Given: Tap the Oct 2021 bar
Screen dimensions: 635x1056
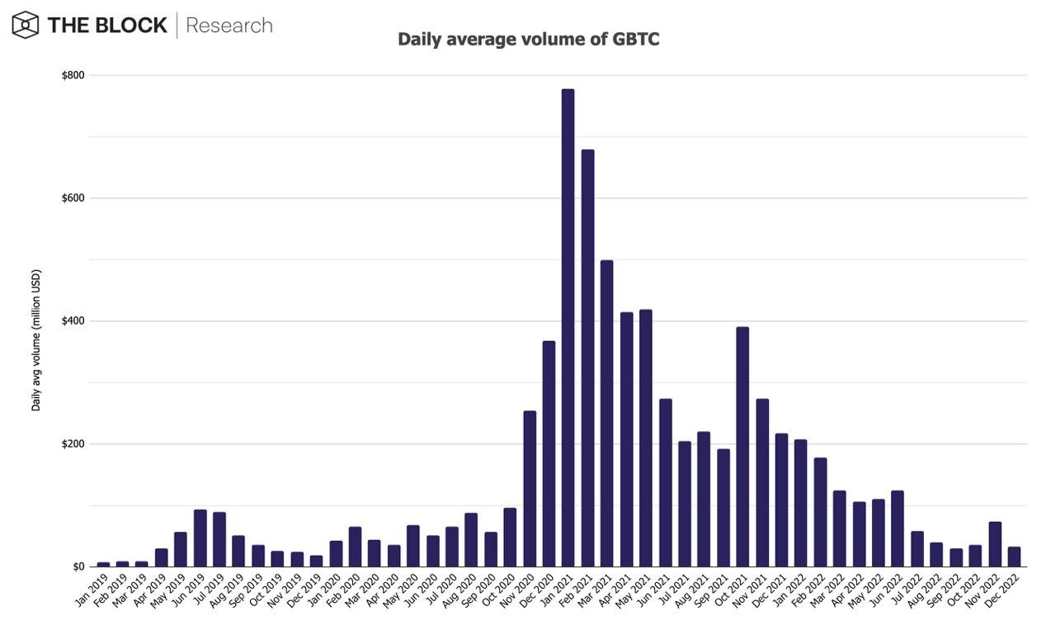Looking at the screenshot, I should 742,447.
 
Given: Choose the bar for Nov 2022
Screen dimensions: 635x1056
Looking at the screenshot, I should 995,544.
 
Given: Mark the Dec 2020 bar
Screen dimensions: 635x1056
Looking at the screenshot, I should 549,454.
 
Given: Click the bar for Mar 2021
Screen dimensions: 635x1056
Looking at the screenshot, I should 606,414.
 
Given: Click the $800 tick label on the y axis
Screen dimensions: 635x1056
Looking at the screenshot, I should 73,75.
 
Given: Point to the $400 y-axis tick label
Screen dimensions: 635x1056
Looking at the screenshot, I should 73,320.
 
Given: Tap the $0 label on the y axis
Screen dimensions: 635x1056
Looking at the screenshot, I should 78,566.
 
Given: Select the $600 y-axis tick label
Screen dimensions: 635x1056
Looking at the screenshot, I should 73,198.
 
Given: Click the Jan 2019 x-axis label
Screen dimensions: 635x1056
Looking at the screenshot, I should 92,590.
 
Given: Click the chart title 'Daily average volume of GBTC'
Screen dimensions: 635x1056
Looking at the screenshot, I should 528,39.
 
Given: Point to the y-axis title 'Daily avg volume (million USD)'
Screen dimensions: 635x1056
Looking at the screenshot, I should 36,339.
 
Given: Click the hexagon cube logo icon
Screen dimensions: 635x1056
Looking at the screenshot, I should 26,25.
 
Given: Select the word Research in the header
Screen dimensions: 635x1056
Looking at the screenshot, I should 229,26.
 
